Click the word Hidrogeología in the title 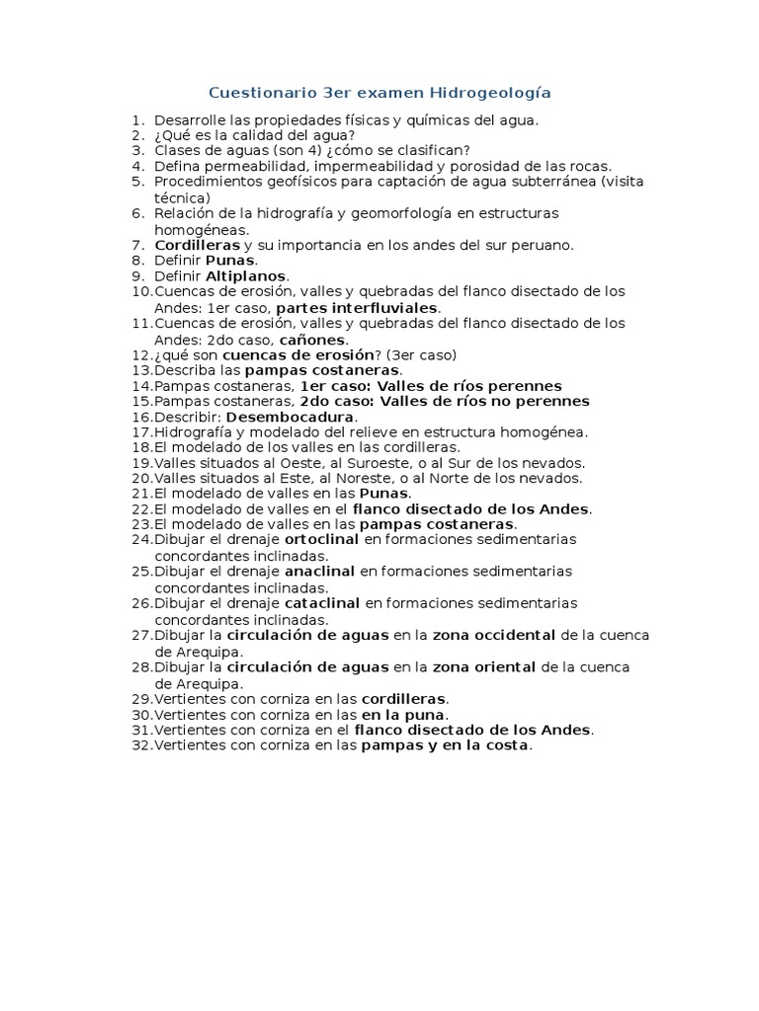pos(489,93)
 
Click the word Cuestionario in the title pos(256,93)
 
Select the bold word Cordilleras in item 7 pos(198,245)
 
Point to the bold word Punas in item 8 pos(229,261)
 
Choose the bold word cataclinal pos(320,603)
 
